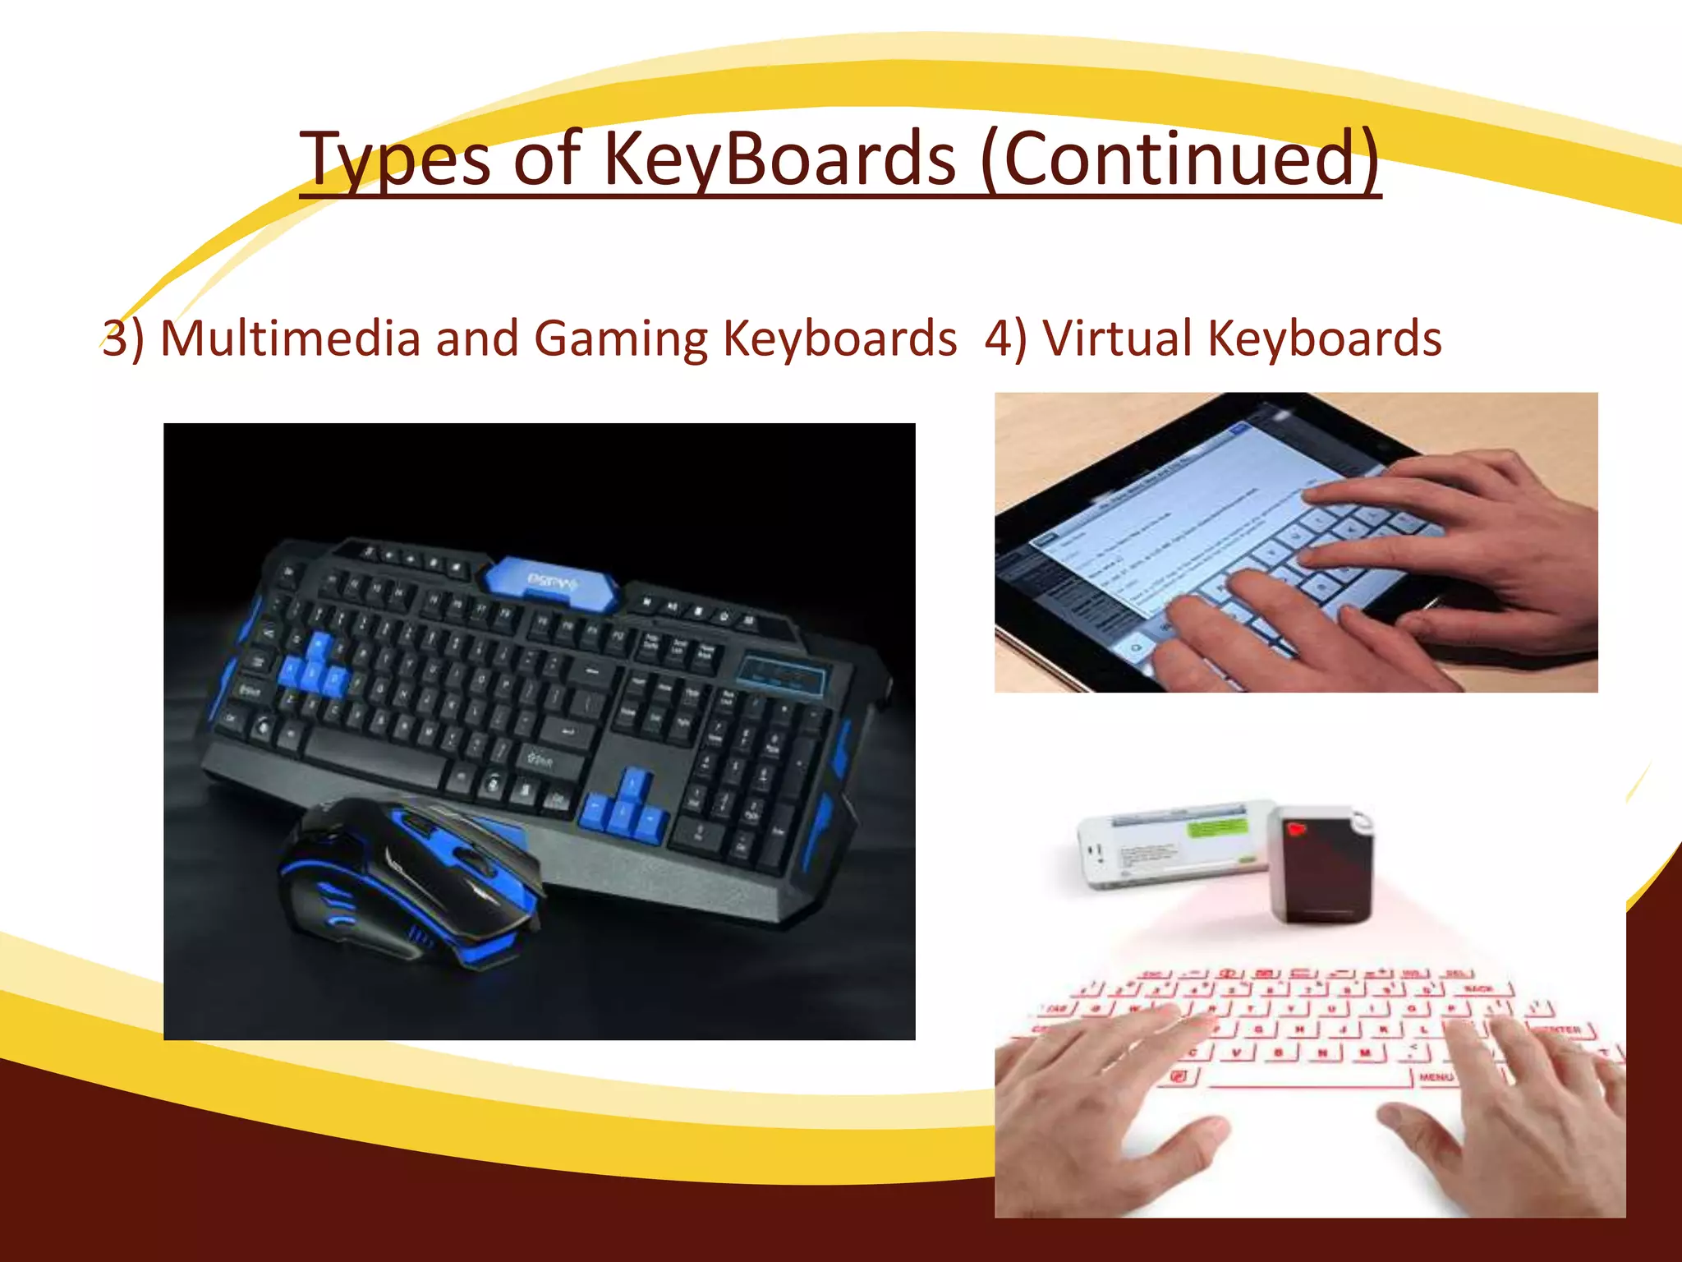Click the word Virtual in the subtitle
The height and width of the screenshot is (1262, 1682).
click(1117, 339)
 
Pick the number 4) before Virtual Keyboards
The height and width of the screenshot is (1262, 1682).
click(1005, 339)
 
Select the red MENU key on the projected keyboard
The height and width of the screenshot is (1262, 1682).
click(1436, 1076)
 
